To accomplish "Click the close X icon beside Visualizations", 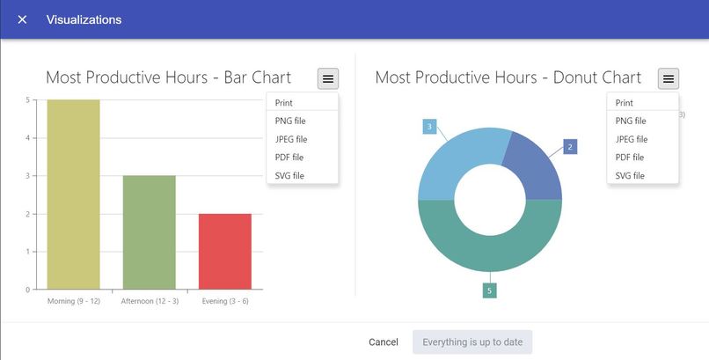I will click(22, 19).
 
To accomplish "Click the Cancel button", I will click(384, 342).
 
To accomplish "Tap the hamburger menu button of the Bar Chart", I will click(328, 78).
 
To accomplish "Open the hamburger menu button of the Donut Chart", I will click(669, 78).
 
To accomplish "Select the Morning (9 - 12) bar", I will click(74, 194).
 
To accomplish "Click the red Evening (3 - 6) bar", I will click(225, 251).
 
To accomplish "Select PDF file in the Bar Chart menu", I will click(288, 157).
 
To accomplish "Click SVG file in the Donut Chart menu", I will click(630, 175).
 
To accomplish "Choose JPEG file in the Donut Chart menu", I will click(632, 139).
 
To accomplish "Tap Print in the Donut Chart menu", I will click(625, 103).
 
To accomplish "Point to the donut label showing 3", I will click(429, 127).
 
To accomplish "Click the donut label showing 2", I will click(570, 147).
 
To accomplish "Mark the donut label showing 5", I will click(489, 290).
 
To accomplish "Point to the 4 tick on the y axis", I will click(27, 138).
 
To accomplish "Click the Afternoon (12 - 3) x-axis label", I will click(149, 301).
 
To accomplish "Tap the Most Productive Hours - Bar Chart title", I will click(168, 77).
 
